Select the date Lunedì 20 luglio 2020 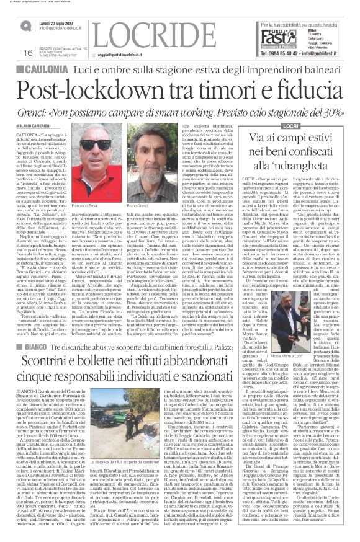click(56, 22)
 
